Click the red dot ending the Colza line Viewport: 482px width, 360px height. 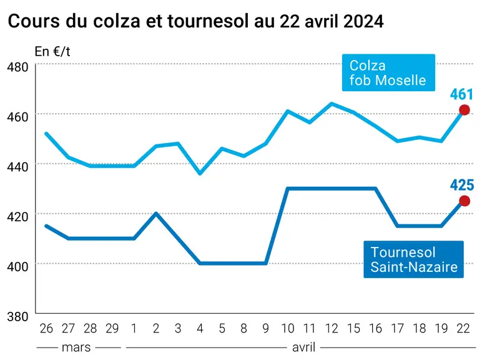(464, 110)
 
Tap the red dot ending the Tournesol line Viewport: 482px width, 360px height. (464, 201)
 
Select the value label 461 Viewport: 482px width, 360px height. (461, 94)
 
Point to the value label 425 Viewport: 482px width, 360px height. (462, 185)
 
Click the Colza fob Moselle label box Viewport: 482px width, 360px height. (388, 72)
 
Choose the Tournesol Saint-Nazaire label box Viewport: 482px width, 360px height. (413, 259)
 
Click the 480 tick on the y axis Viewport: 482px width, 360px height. (17, 67)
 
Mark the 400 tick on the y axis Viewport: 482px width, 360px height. (17, 266)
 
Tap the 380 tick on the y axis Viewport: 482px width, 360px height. (17, 316)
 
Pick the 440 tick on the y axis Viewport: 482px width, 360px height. (17, 166)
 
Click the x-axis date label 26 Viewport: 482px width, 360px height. (46, 328)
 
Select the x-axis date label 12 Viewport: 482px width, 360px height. (332, 328)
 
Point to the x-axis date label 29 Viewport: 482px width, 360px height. (112, 328)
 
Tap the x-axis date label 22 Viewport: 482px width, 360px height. (463, 328)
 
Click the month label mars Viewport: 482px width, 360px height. (76, 347)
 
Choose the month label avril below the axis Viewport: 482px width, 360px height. (303, 347)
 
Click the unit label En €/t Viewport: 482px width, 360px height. (52, 51)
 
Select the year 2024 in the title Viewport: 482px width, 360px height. (363, 21)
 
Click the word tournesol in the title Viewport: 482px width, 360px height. (208, 21)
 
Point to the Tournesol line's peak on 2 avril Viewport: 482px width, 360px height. (156, 213)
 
